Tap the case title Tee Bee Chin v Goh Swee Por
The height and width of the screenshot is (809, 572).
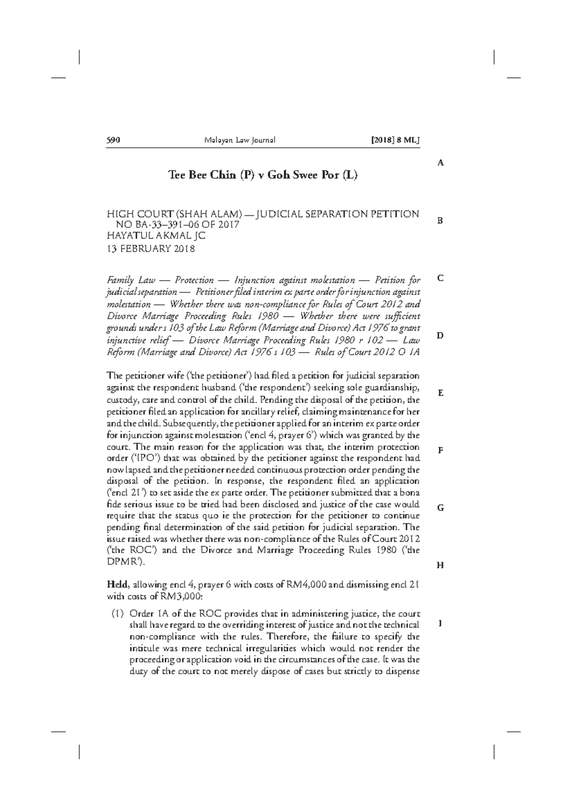263,175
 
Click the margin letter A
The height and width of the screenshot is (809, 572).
441,163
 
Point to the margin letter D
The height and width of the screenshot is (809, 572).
441,335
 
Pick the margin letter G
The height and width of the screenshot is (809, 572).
441,508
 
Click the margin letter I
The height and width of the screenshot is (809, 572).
441,623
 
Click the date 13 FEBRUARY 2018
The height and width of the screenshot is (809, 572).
150,249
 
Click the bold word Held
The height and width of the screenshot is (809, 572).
117,585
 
